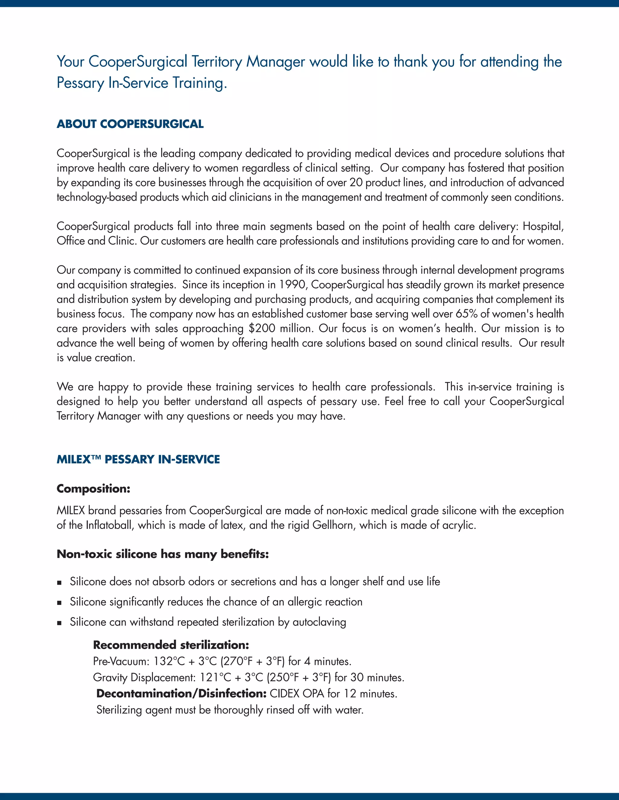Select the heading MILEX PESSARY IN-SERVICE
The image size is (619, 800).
(x=138, y=459)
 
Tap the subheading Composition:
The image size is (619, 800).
(x=93, y=489)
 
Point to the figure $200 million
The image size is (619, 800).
(x=280, y=328)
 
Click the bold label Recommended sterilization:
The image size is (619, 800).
(x=171, y=645)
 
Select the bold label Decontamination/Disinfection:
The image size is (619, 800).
(x=181, y=693)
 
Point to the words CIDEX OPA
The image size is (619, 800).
(x=297, y=693)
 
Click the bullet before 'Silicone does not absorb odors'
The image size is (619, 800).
(x=60, y=582)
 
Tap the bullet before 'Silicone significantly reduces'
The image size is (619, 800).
(x=60, y=603)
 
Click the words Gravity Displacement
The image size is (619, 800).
(x=144, y=677)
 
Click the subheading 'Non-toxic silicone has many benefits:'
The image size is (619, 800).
(x=162, y=554)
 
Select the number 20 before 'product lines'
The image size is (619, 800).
(x=355, y=182)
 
